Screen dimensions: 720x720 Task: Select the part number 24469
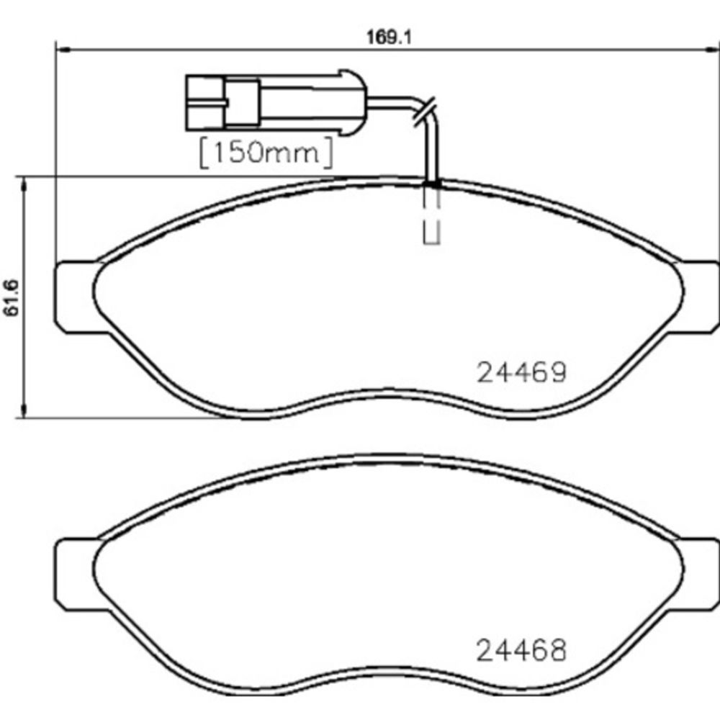522,372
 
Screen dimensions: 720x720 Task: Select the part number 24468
522,652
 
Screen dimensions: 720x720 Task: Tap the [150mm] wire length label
265,153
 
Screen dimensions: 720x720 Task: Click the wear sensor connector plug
274,103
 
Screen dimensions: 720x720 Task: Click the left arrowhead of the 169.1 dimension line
61,50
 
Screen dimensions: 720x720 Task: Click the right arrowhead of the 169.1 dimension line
713,50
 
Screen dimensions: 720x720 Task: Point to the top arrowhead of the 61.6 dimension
26,184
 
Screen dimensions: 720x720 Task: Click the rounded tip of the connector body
356,103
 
